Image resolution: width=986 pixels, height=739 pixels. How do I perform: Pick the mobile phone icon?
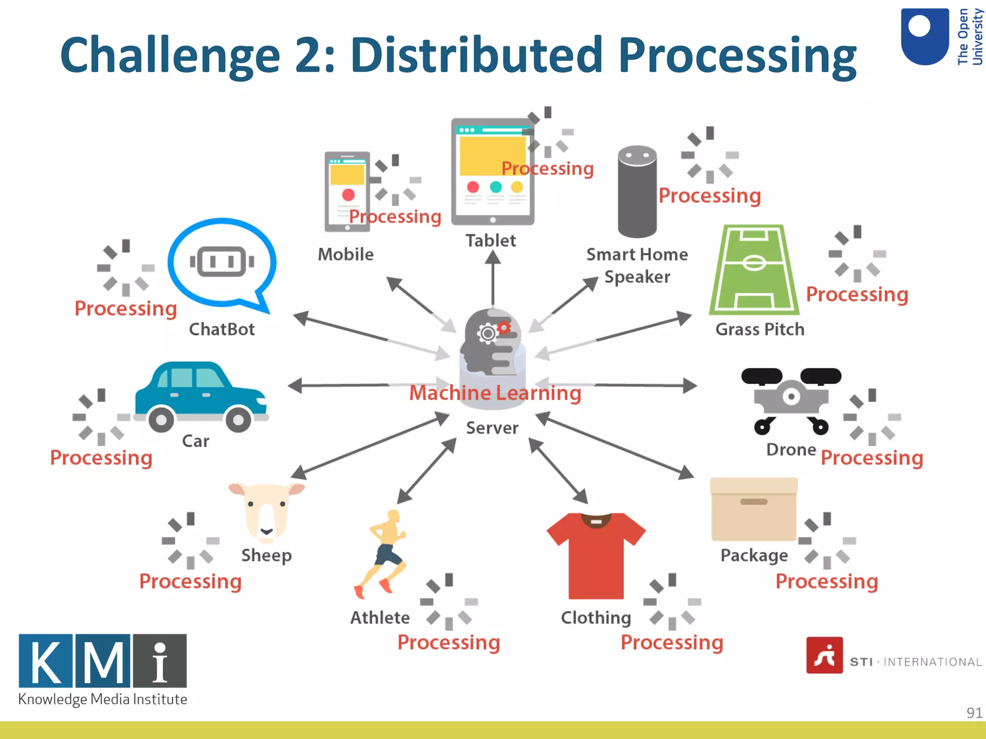point(347,191)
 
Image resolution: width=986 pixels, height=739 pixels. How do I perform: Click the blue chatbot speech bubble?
point(222,263)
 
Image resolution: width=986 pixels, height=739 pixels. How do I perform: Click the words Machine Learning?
point(495,393)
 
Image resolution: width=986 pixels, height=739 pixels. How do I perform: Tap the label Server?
point(492,428)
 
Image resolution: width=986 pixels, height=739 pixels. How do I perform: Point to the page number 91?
point(974,713)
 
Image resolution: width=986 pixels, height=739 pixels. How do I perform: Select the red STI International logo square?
point(824,655)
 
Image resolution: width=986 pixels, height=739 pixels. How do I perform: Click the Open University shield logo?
point(924,36)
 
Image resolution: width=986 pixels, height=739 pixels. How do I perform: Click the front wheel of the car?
point(238,419)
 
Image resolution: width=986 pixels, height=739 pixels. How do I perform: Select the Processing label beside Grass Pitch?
point(857,294)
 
